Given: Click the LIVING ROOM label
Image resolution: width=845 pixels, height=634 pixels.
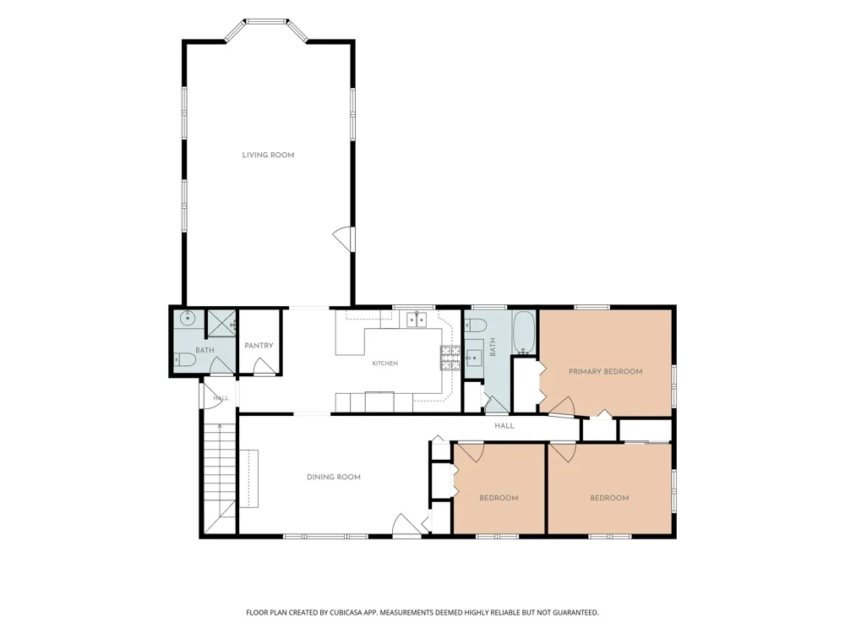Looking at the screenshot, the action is coord(268,155).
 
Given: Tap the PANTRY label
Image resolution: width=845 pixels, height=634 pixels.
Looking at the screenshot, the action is coord(259,346).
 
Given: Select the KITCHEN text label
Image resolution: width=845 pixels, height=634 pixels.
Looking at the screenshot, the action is coord(384,363).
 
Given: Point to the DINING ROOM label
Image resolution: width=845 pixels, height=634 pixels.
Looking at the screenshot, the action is coord(334,477).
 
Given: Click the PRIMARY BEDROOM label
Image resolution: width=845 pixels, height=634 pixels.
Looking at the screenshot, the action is coord(606,371).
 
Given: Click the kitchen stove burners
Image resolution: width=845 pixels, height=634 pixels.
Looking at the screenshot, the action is coord(450,358).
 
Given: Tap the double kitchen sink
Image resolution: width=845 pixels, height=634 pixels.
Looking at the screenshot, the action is coord(416,320).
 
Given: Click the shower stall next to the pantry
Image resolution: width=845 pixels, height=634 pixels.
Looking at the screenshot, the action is coord(221,324).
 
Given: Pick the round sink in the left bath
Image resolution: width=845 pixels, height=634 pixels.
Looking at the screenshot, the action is coord(187,318).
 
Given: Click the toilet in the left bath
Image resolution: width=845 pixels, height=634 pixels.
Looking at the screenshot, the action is coord(184,359).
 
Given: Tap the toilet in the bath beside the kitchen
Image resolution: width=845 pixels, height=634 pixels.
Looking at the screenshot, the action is coord(477,325).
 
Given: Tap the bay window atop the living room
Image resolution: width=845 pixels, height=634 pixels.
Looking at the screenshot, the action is coord(265,30).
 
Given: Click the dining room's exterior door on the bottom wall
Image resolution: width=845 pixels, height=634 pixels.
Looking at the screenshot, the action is coord(407,526).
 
